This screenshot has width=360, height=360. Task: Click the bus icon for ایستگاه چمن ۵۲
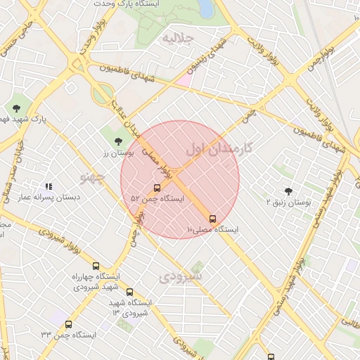pyautogui.click(x=156, y=188)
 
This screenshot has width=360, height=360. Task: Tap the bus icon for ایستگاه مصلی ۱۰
pyautogui.click(x=213, y=219)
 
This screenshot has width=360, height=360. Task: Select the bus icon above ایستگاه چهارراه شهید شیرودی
pyautogui.click(x=96, y=265)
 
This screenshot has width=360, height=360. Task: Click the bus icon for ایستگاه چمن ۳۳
pyautogui.click(x=68, y=324)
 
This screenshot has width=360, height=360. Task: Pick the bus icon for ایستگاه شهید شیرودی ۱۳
pyautogui.click(x=129, y=292)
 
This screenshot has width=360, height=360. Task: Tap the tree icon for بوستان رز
pyautogui.click(x=117, y=142)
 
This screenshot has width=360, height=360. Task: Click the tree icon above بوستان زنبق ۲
pyautogui.click(x=288, y=191)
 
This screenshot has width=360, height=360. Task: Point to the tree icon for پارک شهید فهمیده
pyautogui.click(x=16, y=108)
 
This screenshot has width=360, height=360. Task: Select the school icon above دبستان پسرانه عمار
pyautogui.click(x=49, y=186)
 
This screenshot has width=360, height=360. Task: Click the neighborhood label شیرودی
pyautogui.click(x=181, y=277)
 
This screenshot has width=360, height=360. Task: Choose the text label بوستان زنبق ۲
pyautogui.click(x=289, y=202)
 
